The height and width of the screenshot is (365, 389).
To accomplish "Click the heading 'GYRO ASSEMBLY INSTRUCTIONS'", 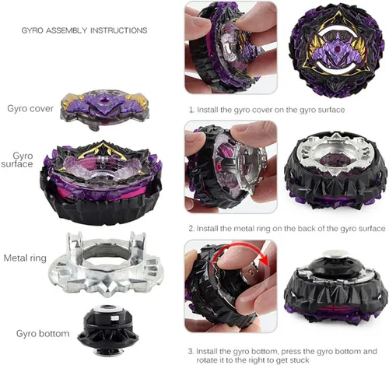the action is (84, 30).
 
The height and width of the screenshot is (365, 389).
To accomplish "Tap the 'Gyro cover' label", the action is (30, 108).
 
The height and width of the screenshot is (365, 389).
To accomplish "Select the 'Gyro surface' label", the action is (17, 160).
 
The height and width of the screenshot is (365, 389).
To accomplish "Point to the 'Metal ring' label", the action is (25, 258).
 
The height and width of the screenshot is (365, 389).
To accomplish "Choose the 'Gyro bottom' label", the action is (43, 333).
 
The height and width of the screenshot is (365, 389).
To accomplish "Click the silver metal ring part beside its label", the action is (106, 268).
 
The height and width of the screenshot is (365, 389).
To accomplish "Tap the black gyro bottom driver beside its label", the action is (108, 331).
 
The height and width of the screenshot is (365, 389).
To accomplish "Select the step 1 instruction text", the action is (267, 110).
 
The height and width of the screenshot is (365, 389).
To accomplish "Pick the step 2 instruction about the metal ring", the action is (287, 229).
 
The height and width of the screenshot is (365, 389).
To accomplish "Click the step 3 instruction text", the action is (282, 356).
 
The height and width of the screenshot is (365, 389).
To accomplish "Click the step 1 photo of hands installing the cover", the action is (230, 47).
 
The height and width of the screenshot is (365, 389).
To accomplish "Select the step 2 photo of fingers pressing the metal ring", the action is (230, 167).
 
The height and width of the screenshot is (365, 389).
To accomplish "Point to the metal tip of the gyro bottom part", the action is (108, 353).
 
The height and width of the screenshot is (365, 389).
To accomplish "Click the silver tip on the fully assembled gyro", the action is (335, 253).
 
